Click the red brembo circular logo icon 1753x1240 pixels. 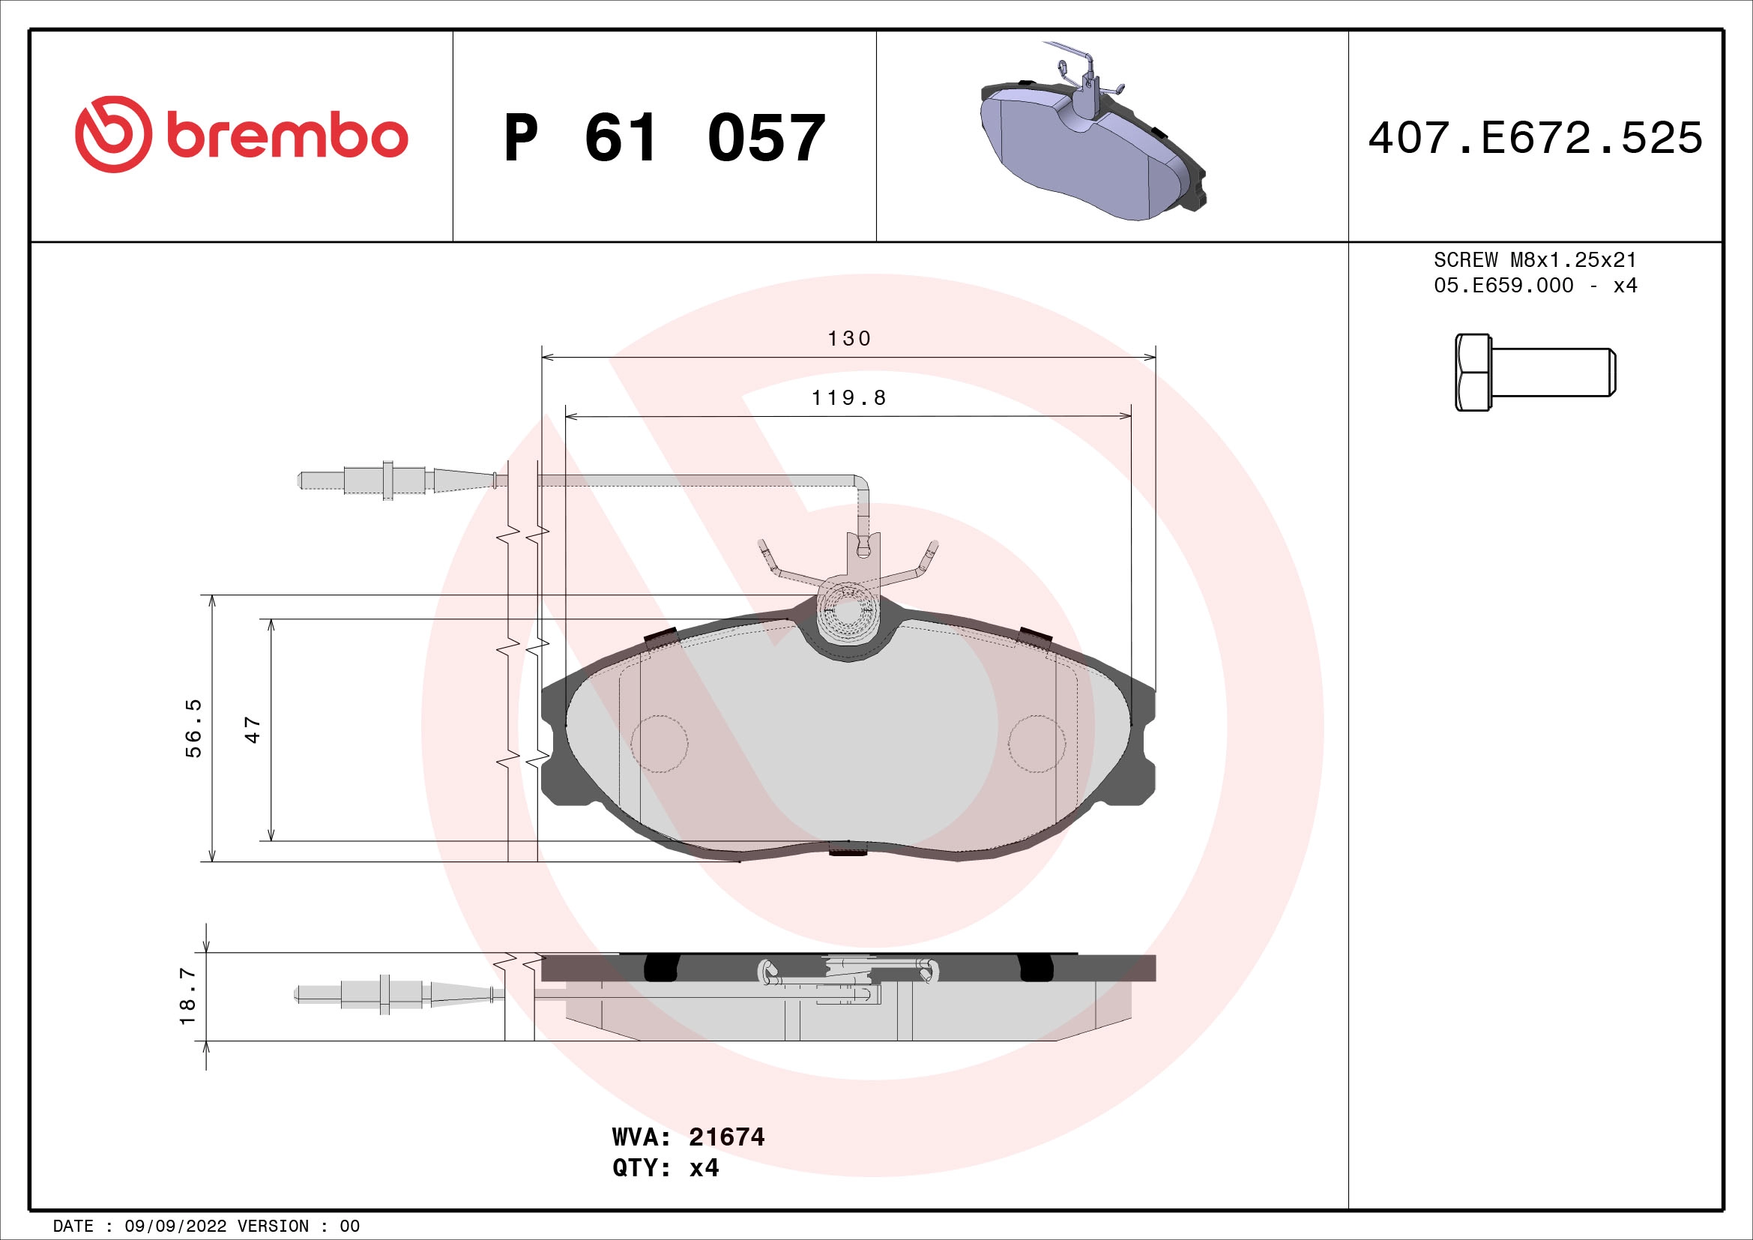pyautogui.click(x=112, y=134)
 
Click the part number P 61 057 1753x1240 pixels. pyautogui.click(x=664, y=138)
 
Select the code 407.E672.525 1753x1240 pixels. pyautogui.click(x=1535, y=138)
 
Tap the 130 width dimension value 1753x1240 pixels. pyautogui.click(x=849, y=338)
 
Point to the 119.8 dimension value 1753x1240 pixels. pyautogui.click(x=848, y=398)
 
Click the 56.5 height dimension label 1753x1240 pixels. pyautogui.click(x=194, y=728)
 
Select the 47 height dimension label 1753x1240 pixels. pyautogui.click(x=253, y=730)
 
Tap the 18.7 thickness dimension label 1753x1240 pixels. pyautogui.click(x=188, y=996)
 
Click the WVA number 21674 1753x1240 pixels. pyautogui.click(x=726, y=1138)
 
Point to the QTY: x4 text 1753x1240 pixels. pyautogui.click(x=665, y=1168)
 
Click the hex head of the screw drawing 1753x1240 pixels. pyautogui.click(x=1472, y=373)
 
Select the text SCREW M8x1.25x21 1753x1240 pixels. pyautogui.click(x=1535, y=260)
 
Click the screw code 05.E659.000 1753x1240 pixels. pyautogui.click(x=1503, y=286)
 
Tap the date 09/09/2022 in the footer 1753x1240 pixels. pyautogui.click(x=175, y=1227)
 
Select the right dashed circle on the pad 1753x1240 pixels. pyautogui.click(x=1036, y=744)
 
